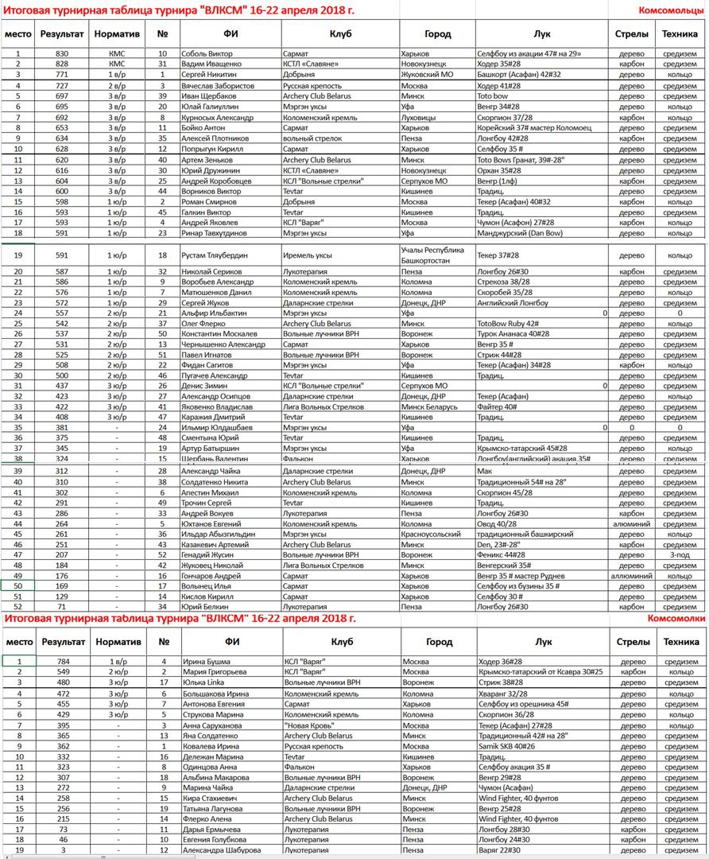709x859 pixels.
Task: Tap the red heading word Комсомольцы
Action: point(671,10)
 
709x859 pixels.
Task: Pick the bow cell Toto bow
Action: point(494,95)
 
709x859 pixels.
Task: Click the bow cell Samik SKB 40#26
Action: point(506,747)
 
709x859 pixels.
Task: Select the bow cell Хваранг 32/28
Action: point(503,694)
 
